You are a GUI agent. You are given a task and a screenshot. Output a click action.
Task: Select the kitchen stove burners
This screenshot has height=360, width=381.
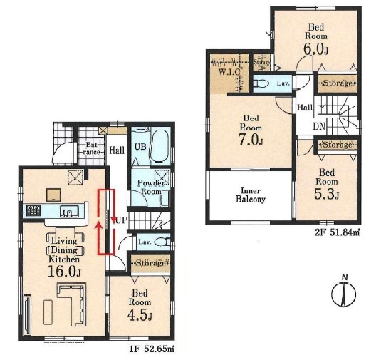[33, 210]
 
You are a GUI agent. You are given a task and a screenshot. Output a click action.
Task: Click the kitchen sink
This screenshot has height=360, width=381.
[69, 211]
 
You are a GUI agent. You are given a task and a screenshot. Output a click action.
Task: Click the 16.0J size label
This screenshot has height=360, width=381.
[64, 272]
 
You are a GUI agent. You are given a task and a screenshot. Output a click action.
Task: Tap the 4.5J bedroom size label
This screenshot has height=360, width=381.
[140, 315]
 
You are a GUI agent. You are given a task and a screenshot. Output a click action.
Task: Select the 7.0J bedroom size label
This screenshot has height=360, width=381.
[251, 140]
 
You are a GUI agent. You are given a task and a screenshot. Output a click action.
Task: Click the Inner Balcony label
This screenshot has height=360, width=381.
[251, 195]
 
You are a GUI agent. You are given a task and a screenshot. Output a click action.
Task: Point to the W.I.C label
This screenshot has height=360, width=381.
[229, 72]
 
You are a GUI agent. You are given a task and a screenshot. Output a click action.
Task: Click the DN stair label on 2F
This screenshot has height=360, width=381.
[319, 126]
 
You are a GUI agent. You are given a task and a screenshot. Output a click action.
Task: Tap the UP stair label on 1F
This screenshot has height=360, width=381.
[122, 220]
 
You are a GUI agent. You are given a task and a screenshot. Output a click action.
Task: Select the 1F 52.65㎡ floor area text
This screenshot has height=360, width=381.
[152, 349]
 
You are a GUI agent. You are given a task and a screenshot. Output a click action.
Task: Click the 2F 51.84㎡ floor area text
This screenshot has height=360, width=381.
[338, 233]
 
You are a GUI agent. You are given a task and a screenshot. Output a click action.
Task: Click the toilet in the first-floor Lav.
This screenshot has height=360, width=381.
[162, 242]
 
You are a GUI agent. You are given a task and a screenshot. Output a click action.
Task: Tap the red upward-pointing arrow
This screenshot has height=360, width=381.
[99, 238]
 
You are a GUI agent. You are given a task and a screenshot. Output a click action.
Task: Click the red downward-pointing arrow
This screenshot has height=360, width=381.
[113, 207]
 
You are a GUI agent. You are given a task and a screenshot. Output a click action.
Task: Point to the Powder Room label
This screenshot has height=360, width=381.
[151, 187]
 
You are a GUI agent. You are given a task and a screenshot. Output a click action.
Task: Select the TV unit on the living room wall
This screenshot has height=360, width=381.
[27, 315]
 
